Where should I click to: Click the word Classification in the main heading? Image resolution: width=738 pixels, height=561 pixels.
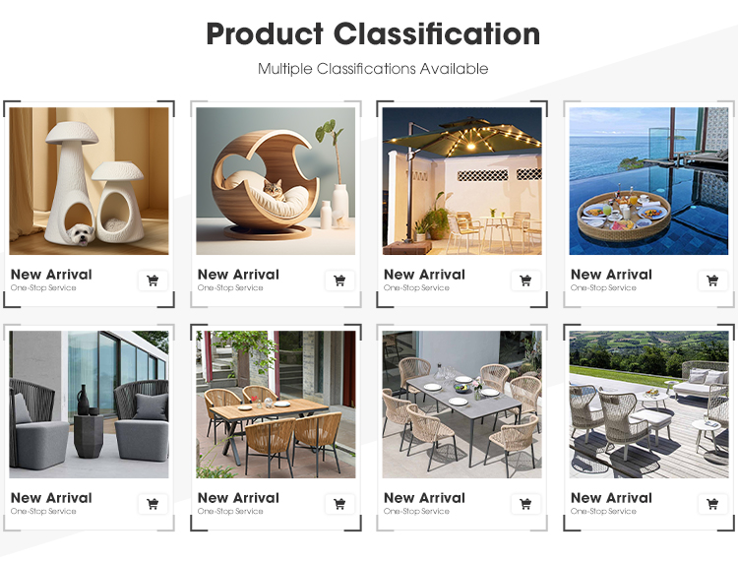tap(437, 33)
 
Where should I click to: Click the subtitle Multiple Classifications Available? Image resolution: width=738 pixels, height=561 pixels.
tap(373, 69)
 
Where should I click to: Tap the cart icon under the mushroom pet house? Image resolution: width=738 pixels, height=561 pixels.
tap(153, 280)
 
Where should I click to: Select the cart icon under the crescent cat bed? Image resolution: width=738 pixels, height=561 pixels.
tap(339, 280)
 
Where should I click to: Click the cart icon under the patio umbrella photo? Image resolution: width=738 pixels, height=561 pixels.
tap(525, 280)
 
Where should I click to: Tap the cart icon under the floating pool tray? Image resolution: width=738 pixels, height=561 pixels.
tap(712, 280)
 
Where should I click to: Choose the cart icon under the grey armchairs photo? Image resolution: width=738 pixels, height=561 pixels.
tap(153, 504)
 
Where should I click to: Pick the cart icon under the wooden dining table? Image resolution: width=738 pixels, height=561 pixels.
tap(339, 504)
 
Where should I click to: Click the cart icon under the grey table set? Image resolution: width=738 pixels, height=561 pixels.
tap(525, 504)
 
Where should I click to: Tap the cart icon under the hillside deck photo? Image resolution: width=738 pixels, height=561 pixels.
tap(712, 504)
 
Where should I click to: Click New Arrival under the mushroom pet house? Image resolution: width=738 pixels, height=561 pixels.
tap(51, 275)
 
